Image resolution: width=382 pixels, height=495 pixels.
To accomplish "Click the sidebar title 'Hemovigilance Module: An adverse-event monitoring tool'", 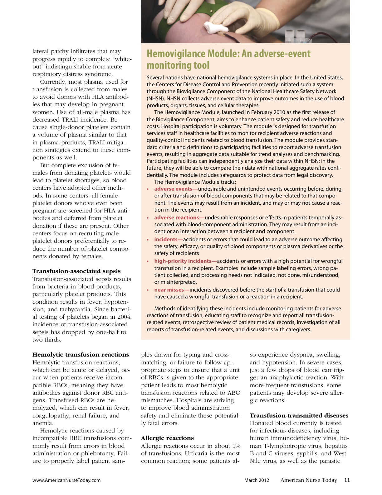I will click(x=228, y=59).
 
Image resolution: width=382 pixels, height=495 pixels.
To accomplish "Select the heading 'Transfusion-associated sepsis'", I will click(x=76, y=271).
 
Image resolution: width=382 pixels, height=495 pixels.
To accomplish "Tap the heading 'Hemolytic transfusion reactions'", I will click(x=81, y=355).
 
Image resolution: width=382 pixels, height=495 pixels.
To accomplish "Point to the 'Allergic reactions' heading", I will click(x=167, y=438).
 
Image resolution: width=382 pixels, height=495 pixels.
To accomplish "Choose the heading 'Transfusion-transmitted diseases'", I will click(x=299, y=416).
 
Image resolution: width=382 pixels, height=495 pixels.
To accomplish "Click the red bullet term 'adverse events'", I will click(x=173, y=189).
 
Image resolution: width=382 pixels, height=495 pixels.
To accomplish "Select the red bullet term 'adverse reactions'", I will click(x=177, y=217).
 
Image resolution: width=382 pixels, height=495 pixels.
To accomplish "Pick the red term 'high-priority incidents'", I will click(x=183, y=261).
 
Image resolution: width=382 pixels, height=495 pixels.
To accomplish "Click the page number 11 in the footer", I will click(x=347, y=480).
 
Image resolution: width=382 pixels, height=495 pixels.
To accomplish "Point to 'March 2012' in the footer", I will click(x=257, y=480).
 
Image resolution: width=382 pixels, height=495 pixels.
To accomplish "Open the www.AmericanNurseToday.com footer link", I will click(x=66, y=480).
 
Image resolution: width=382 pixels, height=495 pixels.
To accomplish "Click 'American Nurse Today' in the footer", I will click(x=309, y=480).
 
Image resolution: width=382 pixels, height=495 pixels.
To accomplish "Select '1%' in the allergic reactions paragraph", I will click(x=236, y=446).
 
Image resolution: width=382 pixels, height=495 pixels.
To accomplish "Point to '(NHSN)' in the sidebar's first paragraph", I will click(x=156, y=98).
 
